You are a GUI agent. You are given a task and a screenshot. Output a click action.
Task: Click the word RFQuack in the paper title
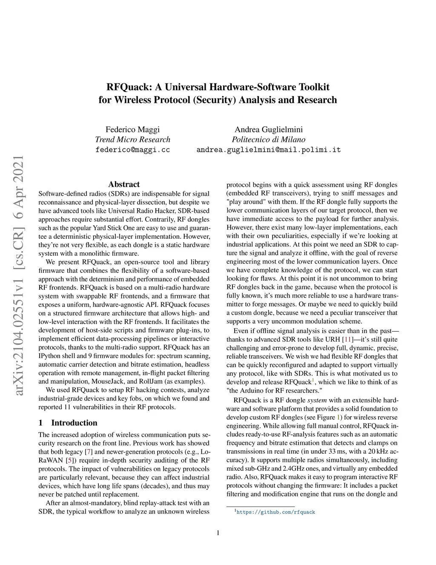coord(128,87)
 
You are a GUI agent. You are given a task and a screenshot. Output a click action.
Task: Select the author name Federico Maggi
coord(132,130)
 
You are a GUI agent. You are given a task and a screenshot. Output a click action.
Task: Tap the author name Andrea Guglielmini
coord(269,130)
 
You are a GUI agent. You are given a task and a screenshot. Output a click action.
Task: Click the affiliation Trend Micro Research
coord(132,139)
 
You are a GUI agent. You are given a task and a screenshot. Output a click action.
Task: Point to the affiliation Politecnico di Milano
coord(269,139)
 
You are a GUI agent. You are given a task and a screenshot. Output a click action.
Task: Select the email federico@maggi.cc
coord(132,150)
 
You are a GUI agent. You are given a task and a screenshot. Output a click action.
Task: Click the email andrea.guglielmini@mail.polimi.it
coord(269,150)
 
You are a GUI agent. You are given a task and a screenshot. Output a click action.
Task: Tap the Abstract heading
coord(124,184)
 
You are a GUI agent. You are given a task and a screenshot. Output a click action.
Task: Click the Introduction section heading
coord(74,423)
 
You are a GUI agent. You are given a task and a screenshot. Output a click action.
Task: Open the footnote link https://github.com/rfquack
coord(275,512)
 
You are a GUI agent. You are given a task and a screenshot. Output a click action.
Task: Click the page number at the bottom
coord(218,533)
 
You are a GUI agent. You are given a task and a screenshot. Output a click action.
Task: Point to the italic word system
coord(317,400)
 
